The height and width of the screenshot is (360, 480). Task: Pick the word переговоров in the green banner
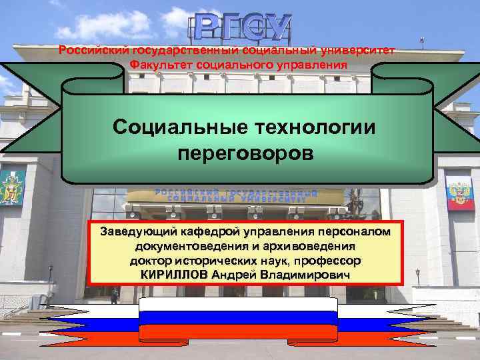pos(245,153)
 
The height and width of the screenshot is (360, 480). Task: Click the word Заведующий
pos(137,233)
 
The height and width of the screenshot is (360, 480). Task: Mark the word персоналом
pos(358,233)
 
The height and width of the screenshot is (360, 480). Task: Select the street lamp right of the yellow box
pos(417,275)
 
